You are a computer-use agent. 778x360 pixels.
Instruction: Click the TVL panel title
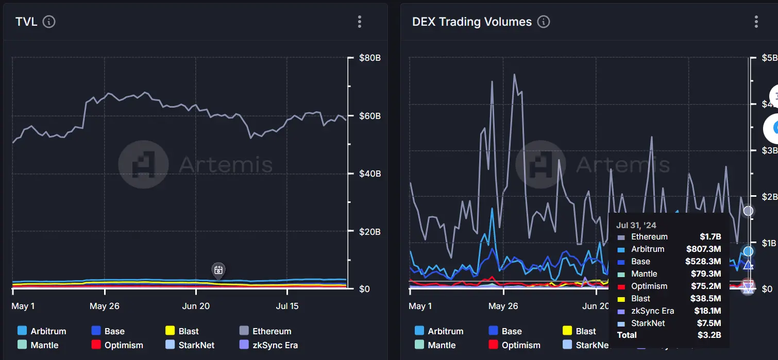(26, 22)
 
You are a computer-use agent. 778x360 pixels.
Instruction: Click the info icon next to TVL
(49, 22)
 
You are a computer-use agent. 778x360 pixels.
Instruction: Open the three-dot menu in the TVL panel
(360, 22)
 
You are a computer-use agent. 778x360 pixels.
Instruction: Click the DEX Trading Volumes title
(471, 22)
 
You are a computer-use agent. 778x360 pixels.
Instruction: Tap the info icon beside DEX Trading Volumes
(543, 22)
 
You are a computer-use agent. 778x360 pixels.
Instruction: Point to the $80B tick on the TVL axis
(370, 58)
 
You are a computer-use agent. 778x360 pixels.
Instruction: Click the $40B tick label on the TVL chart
(370, 174)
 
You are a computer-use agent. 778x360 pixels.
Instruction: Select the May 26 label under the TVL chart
(105, 306)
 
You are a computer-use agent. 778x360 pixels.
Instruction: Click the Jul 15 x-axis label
(287, 306)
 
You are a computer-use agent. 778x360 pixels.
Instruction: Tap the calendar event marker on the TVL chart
(218, 270)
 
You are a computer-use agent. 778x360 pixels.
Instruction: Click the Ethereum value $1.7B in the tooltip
(710, 237)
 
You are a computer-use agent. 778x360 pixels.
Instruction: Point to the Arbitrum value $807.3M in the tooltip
(703, 249)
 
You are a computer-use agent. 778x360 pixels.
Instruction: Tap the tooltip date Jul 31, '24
(636, 225)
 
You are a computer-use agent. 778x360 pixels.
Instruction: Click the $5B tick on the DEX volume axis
(770, 58)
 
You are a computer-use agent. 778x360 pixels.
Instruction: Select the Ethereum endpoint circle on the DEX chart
(748, 211)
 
